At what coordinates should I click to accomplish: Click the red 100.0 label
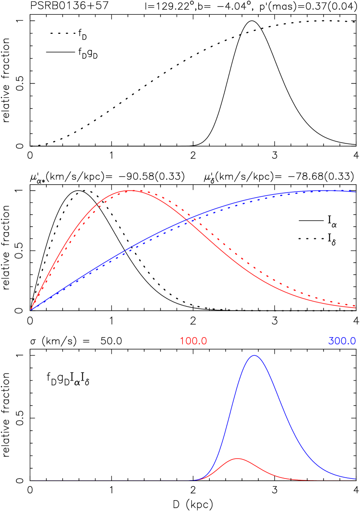[193, 341]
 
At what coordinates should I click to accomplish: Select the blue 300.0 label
[342, 341]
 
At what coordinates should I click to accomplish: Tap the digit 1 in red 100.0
[182, 341]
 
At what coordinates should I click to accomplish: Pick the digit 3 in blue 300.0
[331, 341]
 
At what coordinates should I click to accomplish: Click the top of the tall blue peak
[254, 355]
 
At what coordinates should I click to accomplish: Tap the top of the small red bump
[237, 458]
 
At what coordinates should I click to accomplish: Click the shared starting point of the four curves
[31, 309]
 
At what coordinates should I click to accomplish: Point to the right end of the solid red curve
[355, 308]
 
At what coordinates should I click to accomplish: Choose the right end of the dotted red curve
[355, 305]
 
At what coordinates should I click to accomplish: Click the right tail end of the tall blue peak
[355, 478]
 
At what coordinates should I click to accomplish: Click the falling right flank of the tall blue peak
[286, 416]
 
